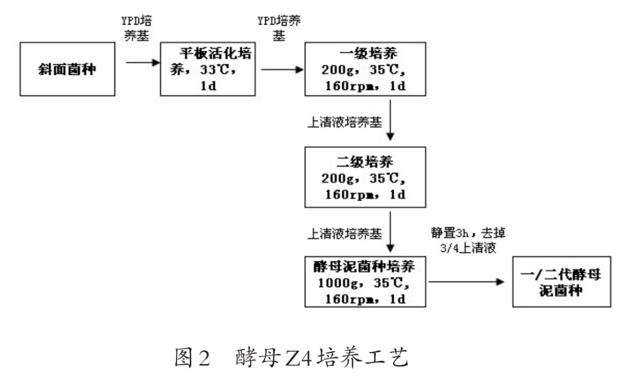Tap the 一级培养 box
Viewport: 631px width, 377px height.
click(x=363, y=69)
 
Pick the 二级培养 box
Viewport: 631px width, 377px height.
click(x=363, y=177)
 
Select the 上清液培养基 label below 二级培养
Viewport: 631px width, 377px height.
click(x=345, y=233)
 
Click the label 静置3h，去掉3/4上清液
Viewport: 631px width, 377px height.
click(x=467, y=240)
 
